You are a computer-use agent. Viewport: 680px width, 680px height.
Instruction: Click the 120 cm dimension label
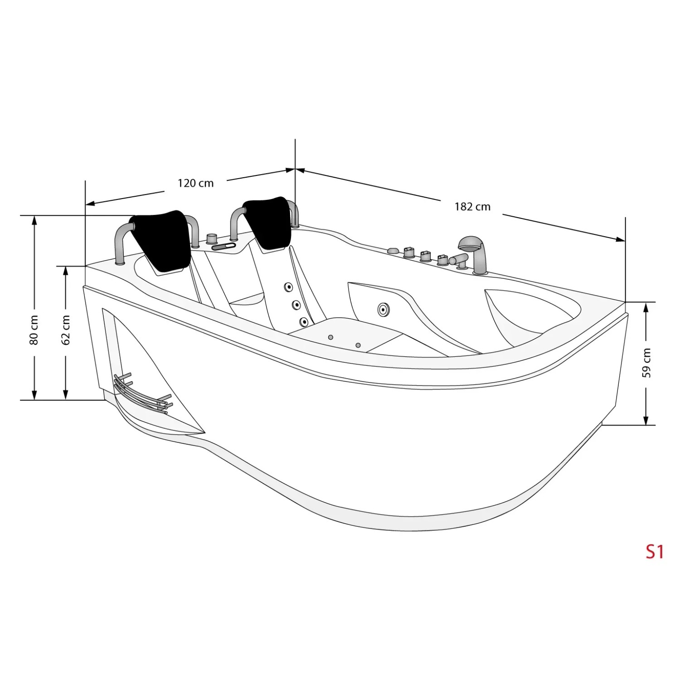pos(195,183)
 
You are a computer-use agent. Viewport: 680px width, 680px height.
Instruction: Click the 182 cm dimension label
pos(472,207)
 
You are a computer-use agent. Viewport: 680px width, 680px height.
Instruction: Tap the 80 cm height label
pos(34,330)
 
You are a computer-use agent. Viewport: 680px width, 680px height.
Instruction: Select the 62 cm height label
pos(66,330)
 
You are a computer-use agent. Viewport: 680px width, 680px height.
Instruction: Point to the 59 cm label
pos(646,363)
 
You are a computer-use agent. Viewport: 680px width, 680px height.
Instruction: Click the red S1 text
pos(655,552)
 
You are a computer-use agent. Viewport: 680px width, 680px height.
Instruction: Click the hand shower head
pos(470,244)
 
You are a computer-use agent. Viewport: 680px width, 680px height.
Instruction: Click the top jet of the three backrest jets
pos(288,287)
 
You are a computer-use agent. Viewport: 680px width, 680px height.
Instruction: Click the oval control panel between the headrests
pos(223,247)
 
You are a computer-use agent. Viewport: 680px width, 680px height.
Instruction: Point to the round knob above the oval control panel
pos(211,238)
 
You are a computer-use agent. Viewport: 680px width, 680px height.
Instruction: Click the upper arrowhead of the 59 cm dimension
pos(646,307)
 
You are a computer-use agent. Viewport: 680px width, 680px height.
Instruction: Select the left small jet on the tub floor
pos(330,337)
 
